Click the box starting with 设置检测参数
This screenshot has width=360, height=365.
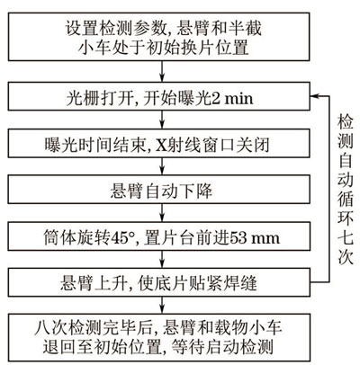158,37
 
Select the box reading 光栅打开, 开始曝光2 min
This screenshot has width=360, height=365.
158,96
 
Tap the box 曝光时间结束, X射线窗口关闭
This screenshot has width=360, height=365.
158,143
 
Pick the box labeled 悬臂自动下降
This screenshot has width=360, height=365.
158,190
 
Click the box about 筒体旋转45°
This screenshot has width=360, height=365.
158,236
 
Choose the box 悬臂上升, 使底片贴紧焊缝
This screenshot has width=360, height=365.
158,283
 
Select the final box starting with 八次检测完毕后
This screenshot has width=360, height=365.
158,337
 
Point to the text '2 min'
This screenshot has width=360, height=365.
232,98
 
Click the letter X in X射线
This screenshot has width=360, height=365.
160,146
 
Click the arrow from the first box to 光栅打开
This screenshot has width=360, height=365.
162,72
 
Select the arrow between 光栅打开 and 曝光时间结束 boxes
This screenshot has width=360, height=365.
162,120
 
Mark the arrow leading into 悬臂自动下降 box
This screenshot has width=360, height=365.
162,166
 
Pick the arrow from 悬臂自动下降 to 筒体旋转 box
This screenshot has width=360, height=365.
162,213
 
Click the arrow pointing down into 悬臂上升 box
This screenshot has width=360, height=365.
162,260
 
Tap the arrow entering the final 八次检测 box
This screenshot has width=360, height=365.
162,306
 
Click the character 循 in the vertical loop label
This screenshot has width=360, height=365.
345,199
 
